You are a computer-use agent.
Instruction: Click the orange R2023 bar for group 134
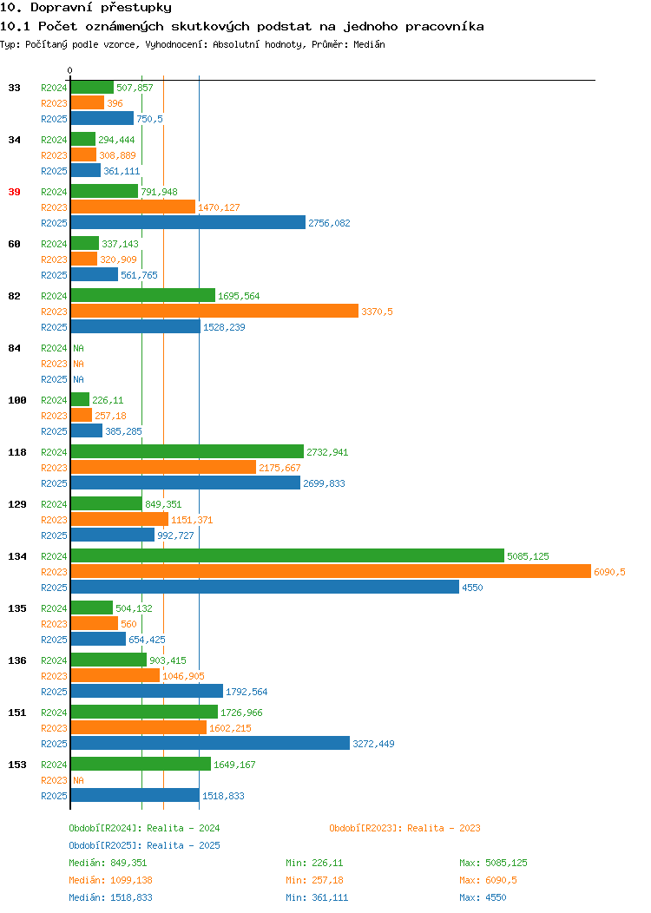point(331,572)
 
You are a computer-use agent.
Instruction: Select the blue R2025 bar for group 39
point(188,222)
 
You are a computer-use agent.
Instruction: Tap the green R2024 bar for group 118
point(187,452)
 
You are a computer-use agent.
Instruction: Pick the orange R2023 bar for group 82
point(215,312)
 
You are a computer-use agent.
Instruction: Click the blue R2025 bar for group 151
point(210,744)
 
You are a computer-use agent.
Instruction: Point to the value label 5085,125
point(528,556)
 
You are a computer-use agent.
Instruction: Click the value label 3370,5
point(377,312)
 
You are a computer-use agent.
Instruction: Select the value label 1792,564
point(247,692)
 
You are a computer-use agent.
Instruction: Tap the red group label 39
point(14,192)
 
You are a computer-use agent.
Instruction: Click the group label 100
point(16,400)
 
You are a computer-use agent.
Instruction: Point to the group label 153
point(16,765)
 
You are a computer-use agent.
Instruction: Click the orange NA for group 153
point(79,780)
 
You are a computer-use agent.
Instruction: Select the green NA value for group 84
point(79,348)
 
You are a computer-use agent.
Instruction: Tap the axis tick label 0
point(70,70)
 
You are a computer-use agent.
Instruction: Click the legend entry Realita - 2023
point(404,828)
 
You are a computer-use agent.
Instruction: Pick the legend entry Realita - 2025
point(144,845)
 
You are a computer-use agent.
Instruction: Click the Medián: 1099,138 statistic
point(110,880)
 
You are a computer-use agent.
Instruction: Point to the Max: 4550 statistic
point(483,898)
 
